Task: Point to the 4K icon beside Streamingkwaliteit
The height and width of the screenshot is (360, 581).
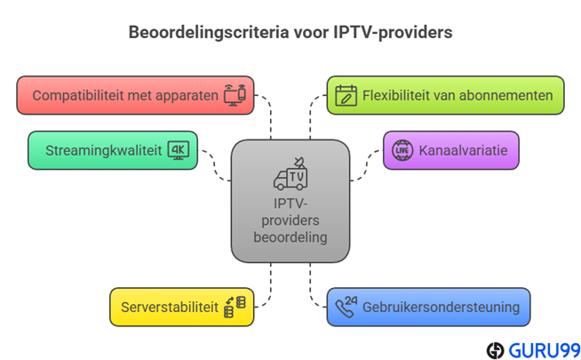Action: (179, 149)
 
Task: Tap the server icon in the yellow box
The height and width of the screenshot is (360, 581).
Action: (235, 307)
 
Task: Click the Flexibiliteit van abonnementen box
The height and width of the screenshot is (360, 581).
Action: (444, 95)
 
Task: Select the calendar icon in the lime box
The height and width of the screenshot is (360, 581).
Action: (346, 95)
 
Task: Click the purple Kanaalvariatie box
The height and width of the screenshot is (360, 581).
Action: (450, 150)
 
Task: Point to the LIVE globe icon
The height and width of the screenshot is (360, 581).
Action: (402, 150)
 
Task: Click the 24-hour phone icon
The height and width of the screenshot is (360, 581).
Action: (346, 307)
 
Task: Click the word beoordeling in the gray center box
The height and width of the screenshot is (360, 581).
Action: (290, 237)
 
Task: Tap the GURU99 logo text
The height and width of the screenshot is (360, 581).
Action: (544, 349)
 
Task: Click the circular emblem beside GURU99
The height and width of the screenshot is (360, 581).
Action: (496, 349)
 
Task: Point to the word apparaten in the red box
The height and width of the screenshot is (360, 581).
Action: (186, 95)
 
